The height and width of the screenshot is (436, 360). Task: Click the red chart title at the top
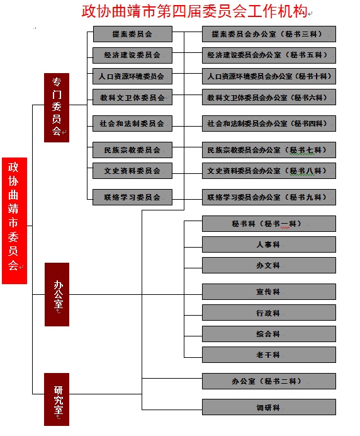[x=194, y=11]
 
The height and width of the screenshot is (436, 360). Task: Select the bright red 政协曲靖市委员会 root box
[x=14, y=221]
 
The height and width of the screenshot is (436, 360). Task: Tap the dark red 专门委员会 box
[x=57, y=108]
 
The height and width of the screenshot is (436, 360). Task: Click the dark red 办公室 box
[x=57, y=294]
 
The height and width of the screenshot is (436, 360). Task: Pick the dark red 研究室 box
[x=57, y=399]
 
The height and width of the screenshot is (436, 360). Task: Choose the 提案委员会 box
[x=133, y=34]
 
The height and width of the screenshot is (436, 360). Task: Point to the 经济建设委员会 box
[x=133, y=55]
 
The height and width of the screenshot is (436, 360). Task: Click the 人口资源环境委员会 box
[x=133, y=76]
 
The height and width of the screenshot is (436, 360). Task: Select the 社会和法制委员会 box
[x=133, y=123]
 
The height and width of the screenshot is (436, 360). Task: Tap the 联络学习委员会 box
[x=133, y=197]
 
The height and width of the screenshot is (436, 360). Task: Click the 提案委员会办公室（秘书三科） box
[x=269, y=34]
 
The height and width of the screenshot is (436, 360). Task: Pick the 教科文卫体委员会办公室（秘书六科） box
[x=269, y=97]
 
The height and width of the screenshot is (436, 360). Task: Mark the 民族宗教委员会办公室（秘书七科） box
[x=269, y=150]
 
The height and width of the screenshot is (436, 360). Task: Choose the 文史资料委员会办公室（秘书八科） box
[x=269, y=171]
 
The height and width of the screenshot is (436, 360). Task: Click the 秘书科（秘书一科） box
[x=269, y=224]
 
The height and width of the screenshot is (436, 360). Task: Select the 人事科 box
[x=269, y=244]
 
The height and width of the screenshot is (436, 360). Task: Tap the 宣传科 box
[x=269, y=292]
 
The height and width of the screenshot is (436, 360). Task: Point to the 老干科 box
[x=269, y=355]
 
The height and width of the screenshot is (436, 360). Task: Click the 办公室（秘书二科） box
[x=269, y=381]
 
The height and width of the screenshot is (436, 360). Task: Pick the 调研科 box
[x=269, y=407]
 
